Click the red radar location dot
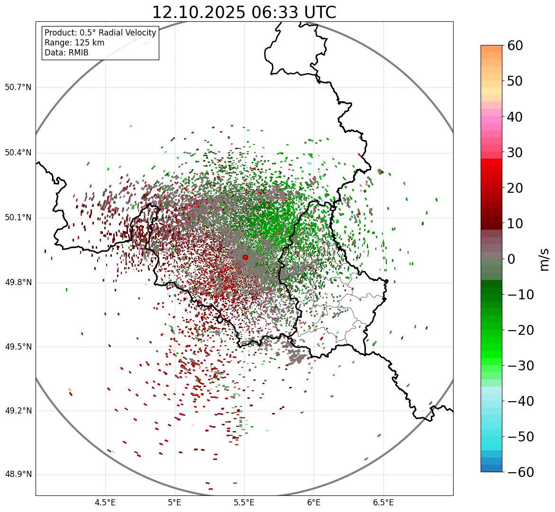245,257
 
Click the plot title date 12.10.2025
198,12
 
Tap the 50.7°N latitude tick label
18,88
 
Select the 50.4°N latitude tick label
18,153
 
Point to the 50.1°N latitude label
18,218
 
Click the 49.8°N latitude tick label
18,283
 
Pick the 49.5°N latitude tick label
18,347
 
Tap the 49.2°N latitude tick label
18,411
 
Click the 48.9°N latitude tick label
18,475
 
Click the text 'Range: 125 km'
74,43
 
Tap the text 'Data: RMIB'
66,53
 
